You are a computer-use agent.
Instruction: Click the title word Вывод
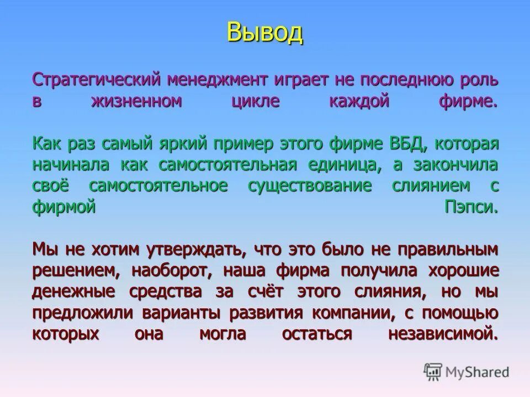264,33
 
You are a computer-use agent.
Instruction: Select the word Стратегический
97,81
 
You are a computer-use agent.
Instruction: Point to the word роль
479,81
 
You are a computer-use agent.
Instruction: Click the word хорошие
463,271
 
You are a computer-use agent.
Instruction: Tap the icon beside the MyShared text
434,372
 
